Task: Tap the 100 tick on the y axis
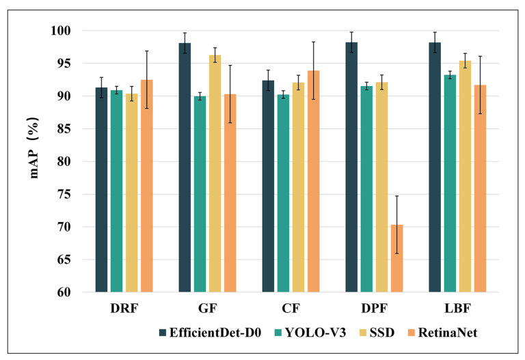tap(61, 31)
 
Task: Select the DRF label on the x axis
tap(124, 308)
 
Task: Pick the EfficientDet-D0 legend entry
tap(208, 333)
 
